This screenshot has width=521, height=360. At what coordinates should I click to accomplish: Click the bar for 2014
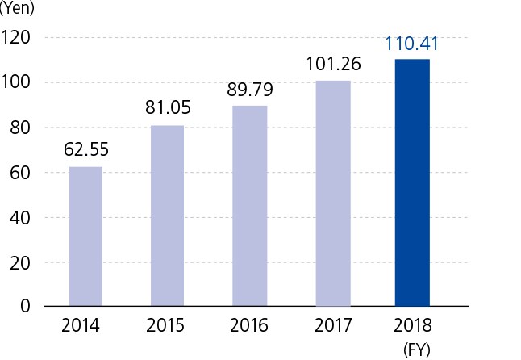click(x=85, y=237)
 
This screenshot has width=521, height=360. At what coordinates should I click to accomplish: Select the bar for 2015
click(x=168, y=216)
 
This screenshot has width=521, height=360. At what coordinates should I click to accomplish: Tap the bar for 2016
click(x=250, y=206)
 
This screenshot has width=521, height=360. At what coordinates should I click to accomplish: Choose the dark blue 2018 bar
click(x=412, y=183)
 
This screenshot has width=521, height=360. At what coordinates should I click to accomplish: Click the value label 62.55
click(x=85, y=149)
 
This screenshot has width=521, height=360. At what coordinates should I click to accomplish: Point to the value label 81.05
click(x=168, y=108)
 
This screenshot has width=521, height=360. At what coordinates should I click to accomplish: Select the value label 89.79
click(x=250, y=88)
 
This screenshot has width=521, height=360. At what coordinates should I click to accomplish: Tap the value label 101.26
click(x=332, y=63)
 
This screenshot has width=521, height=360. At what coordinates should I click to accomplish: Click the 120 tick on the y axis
click(x=16, y=37)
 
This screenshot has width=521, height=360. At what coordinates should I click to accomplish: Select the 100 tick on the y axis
click(x=16, y=82)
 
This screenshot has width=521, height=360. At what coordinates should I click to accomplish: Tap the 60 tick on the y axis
click(x=20, y=172)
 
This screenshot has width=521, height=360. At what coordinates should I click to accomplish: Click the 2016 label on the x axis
click(x=250, y=327)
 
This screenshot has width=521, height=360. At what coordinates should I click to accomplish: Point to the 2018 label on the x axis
click(x=412, y=327)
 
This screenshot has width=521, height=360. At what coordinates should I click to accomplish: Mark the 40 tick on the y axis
click(x=20, y=217)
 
